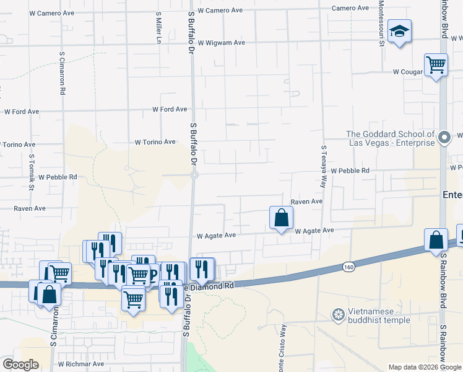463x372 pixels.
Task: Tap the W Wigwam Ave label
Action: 222,43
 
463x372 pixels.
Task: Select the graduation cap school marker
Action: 400,32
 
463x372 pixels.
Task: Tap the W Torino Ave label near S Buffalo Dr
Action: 155,142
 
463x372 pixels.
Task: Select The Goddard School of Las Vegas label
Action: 390,139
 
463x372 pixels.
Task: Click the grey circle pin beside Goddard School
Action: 444,138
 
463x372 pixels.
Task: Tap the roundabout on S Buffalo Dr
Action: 194,175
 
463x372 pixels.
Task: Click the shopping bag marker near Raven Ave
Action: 281,218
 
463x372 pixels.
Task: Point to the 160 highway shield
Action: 348,267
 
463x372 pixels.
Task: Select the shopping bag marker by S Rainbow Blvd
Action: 436,240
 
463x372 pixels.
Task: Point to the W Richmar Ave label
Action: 81,364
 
